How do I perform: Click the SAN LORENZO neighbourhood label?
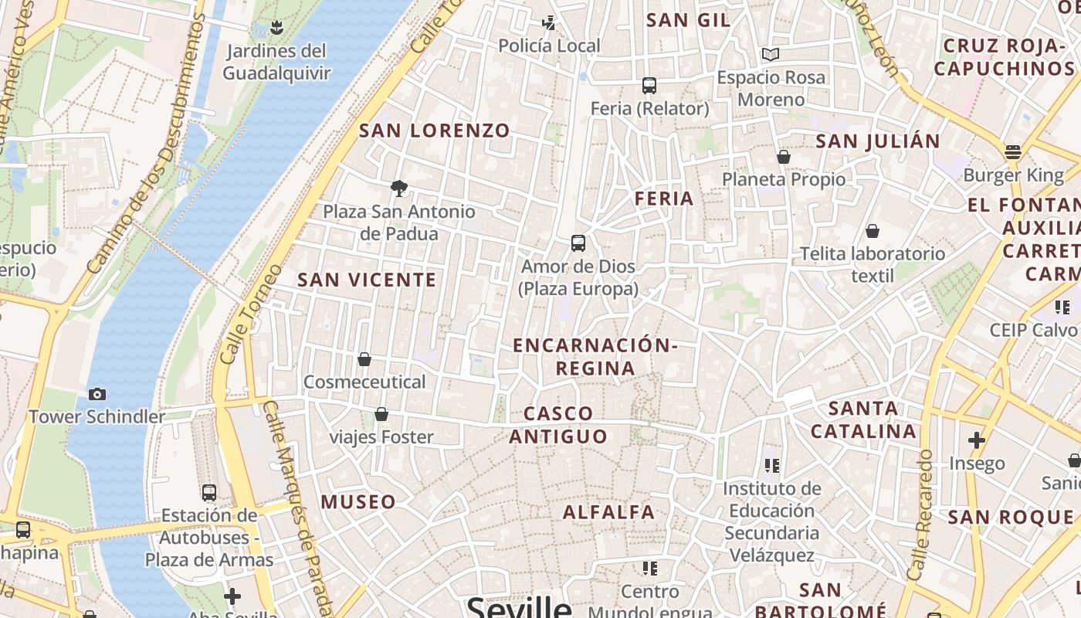tap(435, 131)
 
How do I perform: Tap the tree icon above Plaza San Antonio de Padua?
tap(399, 188)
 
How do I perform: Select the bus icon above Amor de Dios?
tap(578, 243)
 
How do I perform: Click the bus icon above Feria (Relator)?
tap(649, 85)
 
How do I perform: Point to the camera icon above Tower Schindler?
tap(97, 394)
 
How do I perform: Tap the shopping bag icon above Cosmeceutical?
tap(364, 359)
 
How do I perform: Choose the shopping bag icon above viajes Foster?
tap(381, 414)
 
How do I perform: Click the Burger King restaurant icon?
tap(1013, 151)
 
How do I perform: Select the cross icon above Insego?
tap(977, 440)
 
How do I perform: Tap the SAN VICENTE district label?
tap(368, 280)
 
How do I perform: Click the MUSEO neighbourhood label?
tap(358, 502)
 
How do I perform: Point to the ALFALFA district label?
tap(608, 512)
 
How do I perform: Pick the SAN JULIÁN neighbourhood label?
tap(878, 141)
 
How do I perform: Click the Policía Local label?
tap(549, 46)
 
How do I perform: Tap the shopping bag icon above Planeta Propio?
tap(784, 157)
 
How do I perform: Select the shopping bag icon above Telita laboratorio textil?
tap(873, 231)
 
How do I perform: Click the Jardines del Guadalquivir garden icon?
tap(276, 29)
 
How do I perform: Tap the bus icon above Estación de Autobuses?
tap(208, 492)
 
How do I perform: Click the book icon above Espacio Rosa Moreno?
tap(770, 54)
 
